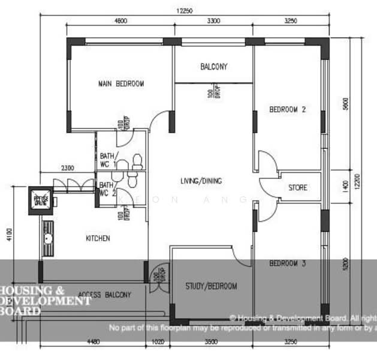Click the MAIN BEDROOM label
coord(121,84)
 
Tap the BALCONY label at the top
coord(213,67)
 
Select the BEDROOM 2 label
coord(287,110)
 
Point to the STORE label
coord(297,188)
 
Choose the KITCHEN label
coord(98,238)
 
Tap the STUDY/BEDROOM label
coord(211,286)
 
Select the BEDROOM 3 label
coord(287,263)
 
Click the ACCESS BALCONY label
coord(104,295)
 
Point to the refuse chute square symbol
coord(41,200)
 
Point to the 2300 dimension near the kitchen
coord(67,168)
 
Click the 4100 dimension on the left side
coord(8,234)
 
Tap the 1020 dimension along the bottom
coord(158,343)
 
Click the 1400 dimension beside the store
coord(345,187)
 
